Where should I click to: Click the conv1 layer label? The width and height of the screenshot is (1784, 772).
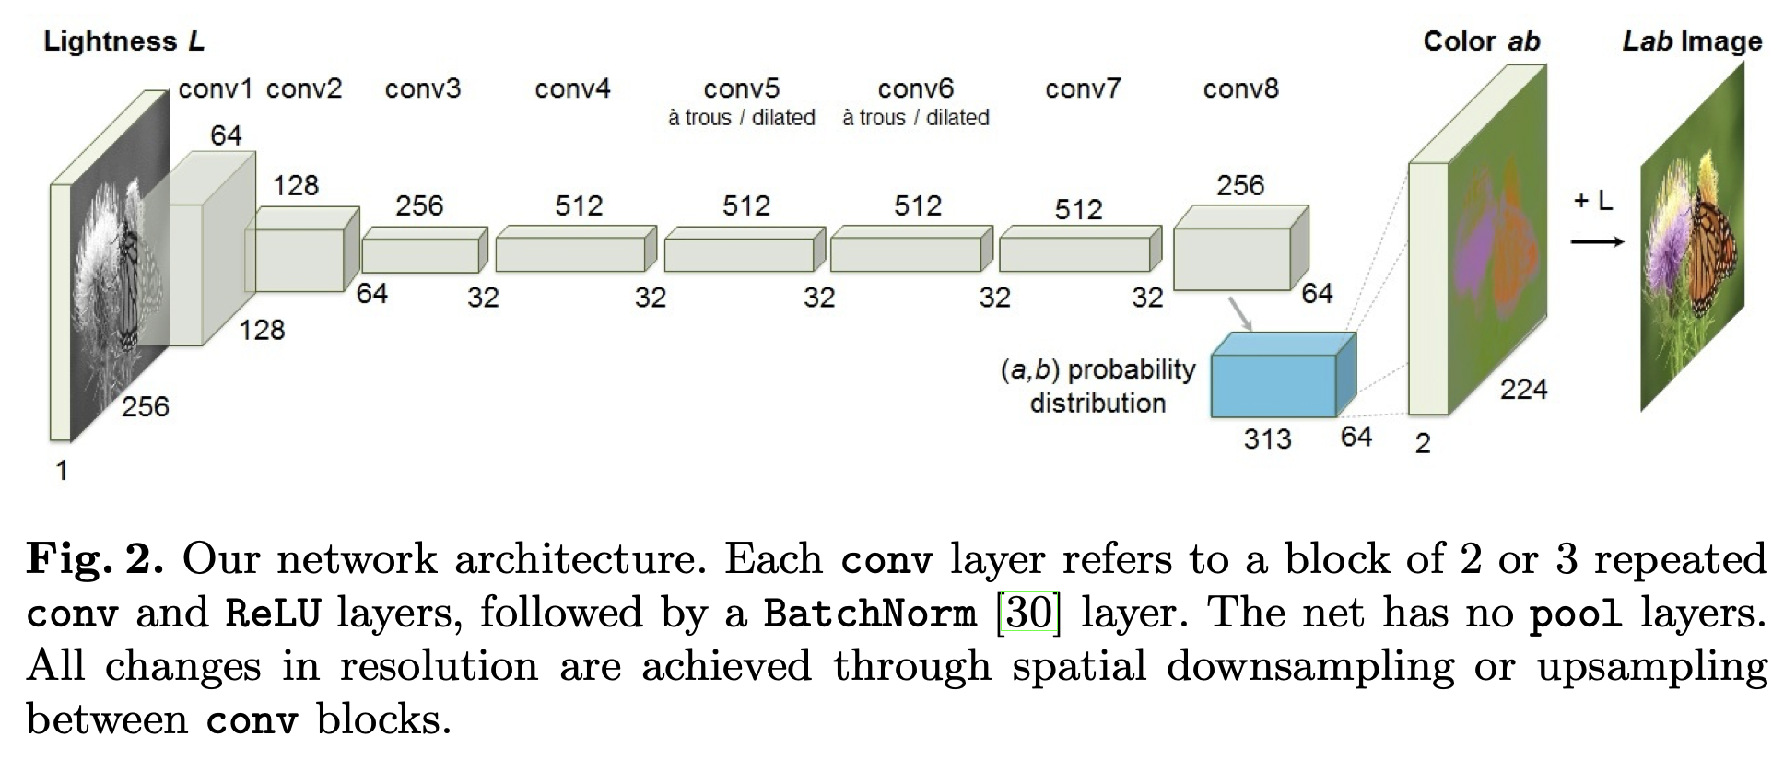[x=215, y=88]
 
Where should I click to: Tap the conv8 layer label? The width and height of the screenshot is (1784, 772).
[x=1240, y=88]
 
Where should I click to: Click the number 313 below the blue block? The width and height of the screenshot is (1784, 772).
[x=1267, y=439]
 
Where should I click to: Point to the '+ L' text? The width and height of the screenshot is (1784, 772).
[x=1593, y=201]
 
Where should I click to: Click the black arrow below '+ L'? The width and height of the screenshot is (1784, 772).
[x=1597, y=241]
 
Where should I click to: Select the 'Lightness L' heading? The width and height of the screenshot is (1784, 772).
[x=123, y=41]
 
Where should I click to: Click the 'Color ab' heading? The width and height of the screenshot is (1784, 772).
[x=1481, y=41]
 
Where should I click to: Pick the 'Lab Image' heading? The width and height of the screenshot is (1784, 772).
[x=1692, y=41]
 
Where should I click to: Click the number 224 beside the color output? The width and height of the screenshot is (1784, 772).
[x=1523, y=389]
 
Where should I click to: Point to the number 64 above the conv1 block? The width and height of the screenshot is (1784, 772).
[x=226, y=135]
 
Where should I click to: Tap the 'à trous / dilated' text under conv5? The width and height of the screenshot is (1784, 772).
[x=742, y=118]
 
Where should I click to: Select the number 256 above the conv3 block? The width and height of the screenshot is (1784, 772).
[x=419, y=205]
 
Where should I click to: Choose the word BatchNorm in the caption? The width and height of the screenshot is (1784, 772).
[x=869, y=613]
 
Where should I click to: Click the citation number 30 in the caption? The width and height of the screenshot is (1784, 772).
[x=1029, y=613]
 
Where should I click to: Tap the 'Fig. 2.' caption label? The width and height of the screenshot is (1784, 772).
[x=95, y=559]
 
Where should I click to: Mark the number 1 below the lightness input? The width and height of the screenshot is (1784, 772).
[x=62, y=471]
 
